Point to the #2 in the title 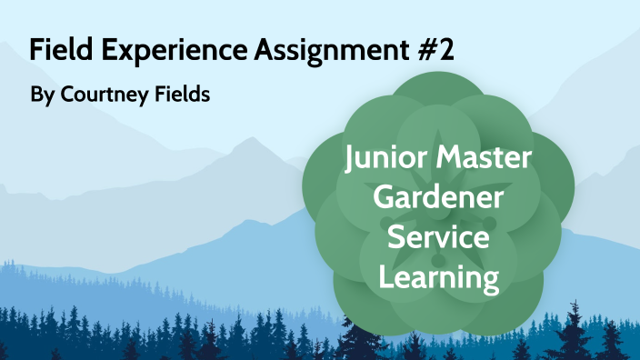435,50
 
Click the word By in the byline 41,95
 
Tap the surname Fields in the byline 177,95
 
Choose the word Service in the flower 439,239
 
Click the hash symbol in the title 423,50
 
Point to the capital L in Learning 385,276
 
